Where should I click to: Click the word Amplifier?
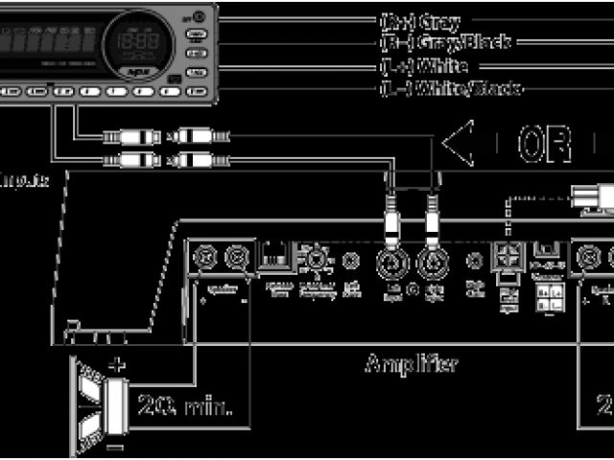pos(411,364)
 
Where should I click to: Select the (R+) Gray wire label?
pos(420,20)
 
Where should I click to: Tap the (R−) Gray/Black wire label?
pos(445,42)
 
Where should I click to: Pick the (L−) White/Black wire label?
pos(450,89)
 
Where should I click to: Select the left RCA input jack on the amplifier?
pos(392,260)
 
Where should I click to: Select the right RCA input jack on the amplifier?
pos(430,260)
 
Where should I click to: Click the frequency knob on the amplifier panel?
pos(313,260)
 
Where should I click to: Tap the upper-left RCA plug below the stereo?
pos(133,136)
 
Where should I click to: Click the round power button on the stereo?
pos(198,16)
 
